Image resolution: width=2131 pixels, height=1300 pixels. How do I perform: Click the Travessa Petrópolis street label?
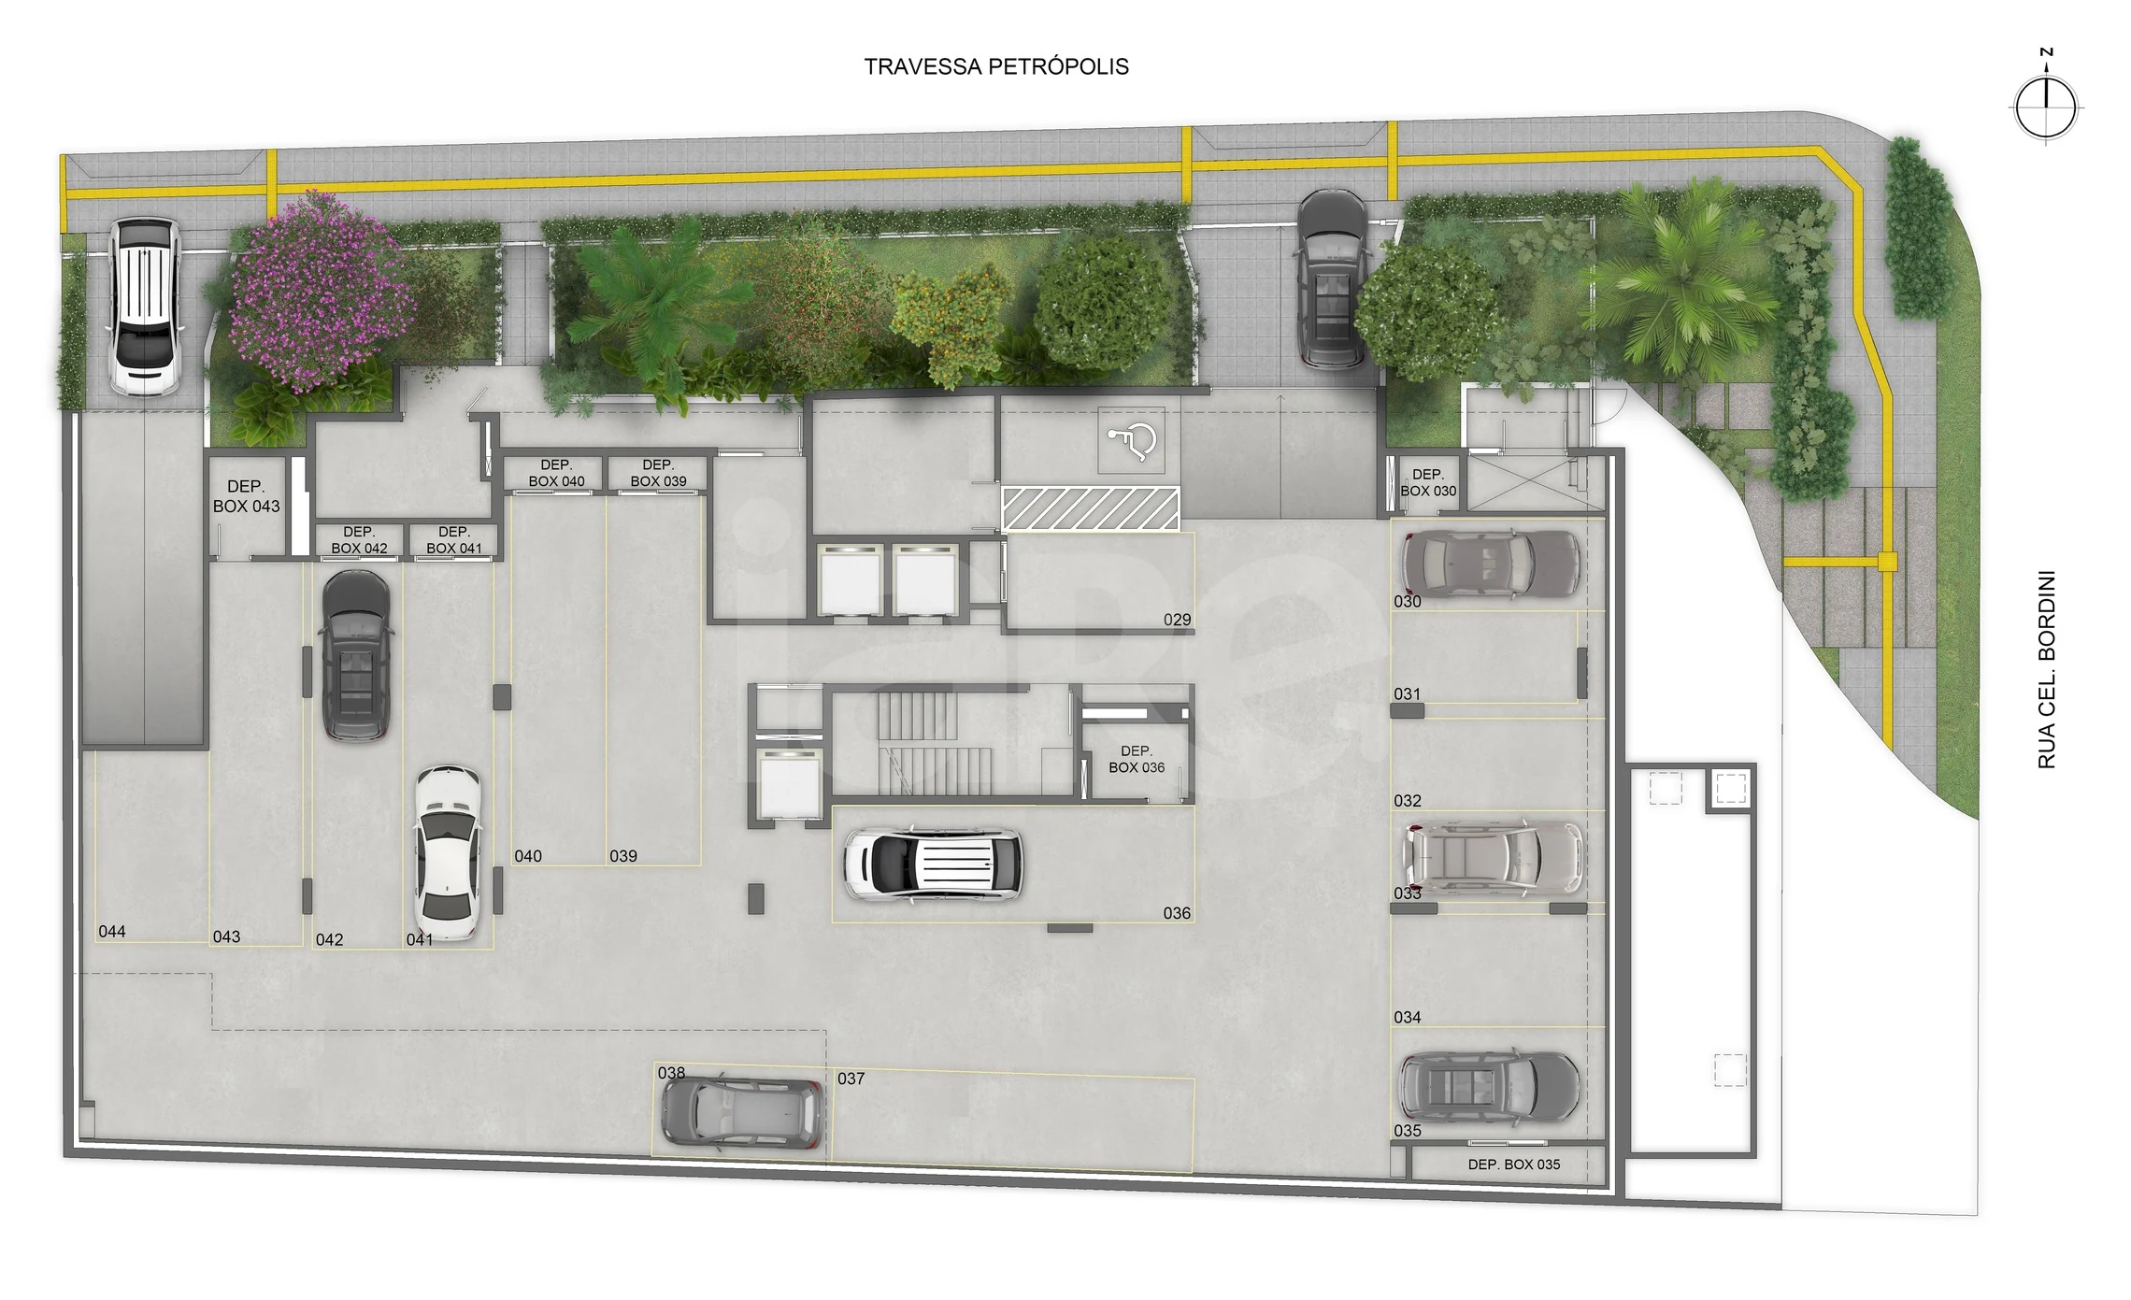click(996, 66)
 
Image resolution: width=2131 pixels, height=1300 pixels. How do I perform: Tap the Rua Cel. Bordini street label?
click(2047, 670)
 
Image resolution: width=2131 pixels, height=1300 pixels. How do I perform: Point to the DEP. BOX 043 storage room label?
click(246, 496)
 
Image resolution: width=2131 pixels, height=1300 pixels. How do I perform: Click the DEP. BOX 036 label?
click(1137, 759)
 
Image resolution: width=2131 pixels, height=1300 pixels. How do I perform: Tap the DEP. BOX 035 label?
click(1513, 1164)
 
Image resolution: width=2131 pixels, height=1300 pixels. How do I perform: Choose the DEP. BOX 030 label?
click(1428, 482)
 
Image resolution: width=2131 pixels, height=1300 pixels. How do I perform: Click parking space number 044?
click(112, 931)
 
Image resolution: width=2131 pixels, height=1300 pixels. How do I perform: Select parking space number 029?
click(1178, 620)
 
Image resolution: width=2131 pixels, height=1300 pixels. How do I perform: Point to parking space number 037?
click(851, 1079)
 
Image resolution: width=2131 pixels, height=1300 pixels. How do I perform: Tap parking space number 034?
click(1408, 1017)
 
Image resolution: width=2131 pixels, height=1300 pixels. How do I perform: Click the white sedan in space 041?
click(448, 853)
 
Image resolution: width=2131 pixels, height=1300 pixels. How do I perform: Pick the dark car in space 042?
click(355, 656)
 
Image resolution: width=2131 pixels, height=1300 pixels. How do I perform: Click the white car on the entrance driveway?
click(145, 307)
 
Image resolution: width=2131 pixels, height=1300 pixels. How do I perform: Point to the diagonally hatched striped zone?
click(1091, 507)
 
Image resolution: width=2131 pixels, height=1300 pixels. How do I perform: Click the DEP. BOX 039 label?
click(658, 473)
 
